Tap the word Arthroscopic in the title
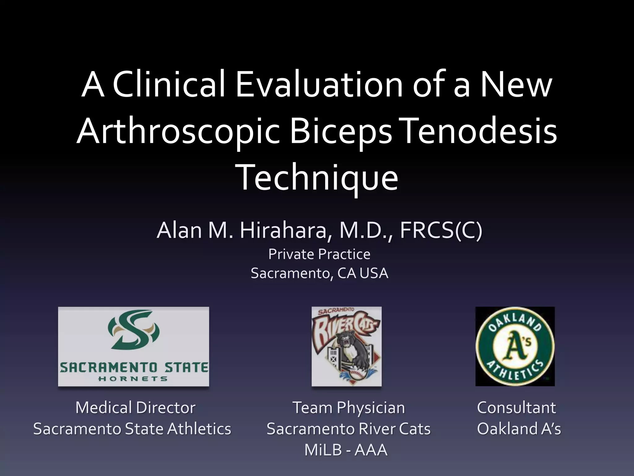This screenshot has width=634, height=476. [x=178, y=132]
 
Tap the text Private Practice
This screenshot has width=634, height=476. [x=319, y=254]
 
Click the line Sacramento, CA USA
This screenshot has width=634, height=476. [x=319, y=273]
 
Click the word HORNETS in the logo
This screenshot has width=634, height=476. [x=133, y=379]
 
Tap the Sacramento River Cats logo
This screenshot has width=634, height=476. [x=346, y=346]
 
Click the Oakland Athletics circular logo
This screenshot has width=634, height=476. [x=515, y=346]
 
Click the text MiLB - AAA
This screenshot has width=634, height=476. [x=346, y=450]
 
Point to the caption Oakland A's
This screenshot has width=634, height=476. [x=519, y=429]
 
